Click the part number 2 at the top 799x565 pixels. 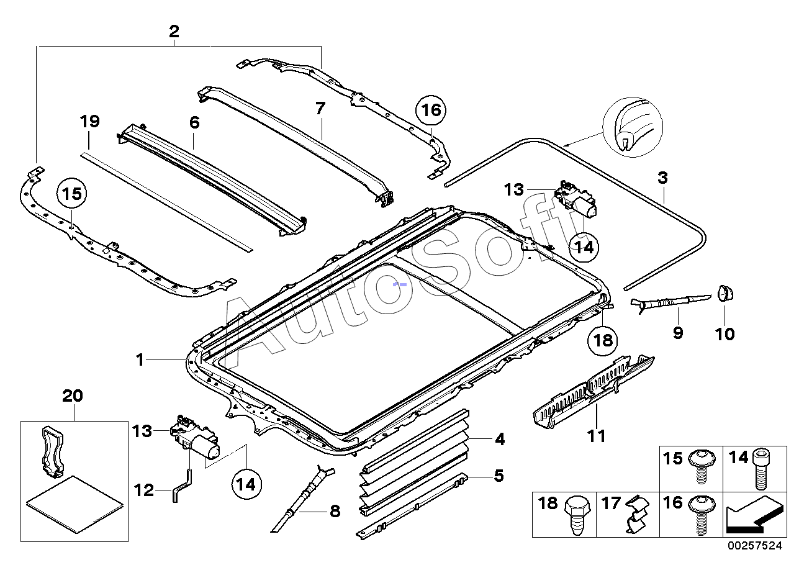click(174, 31)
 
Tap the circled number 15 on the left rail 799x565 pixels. click(72, 194)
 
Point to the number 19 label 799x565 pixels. click(89, 121)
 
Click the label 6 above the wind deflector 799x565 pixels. click(194, 122)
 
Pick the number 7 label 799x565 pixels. click(320, 109)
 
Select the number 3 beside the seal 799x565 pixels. click(662, 178)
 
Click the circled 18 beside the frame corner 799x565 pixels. click(603, 340)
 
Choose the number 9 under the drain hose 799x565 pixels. click(677, 333)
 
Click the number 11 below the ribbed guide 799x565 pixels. click(596, 436)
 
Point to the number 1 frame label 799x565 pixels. click(141, 359)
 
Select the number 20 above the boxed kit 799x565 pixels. click(73, 395)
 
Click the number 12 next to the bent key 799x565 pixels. click(143, 490)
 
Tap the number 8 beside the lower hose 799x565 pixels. click(334, 512)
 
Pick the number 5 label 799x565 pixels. click(499, 476)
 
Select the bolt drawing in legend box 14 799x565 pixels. click(762, 471)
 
